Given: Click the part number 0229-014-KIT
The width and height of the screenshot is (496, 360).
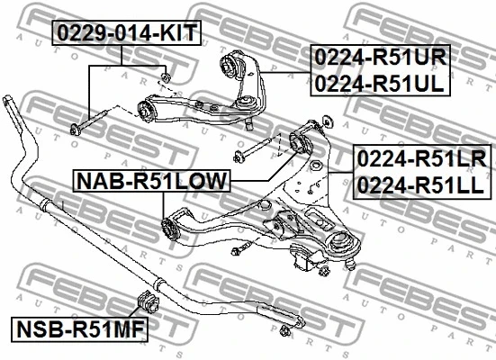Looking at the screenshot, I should point(125,33).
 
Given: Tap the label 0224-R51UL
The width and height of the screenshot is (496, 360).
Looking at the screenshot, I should point(381,84).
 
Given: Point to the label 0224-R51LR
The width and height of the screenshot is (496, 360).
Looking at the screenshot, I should point(422,159).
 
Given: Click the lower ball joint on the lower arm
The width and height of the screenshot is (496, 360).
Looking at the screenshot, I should point(343,247).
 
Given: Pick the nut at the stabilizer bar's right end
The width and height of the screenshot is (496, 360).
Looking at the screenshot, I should point(288,332).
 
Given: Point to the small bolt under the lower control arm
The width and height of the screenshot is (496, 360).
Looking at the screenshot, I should point(241,250).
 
